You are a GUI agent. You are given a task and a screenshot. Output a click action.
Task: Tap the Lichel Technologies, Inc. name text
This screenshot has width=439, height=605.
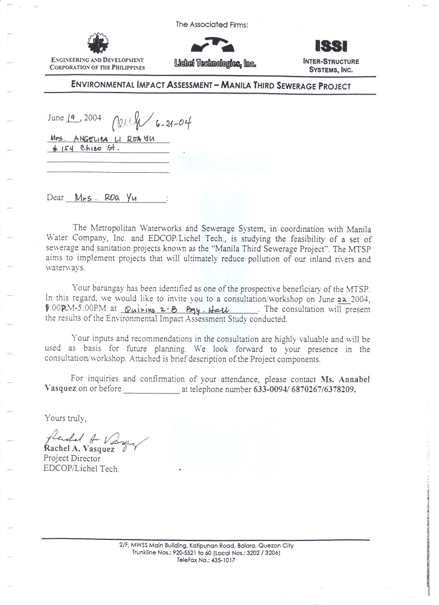[x=215, y=64]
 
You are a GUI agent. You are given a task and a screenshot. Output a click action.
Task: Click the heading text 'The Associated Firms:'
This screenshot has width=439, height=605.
[x=212, y=24]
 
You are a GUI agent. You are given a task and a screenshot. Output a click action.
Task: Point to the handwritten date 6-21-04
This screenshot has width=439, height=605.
[x=174, y=123]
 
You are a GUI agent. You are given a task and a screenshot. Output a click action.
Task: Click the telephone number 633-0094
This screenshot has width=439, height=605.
[x=269, y=389]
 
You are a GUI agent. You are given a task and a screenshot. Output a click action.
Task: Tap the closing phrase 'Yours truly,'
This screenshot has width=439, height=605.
[x=66, y=418]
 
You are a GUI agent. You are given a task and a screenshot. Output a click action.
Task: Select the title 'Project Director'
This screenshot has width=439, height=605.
[x=72, y=458]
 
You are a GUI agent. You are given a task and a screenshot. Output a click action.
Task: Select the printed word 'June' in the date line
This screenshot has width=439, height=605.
[x=56, y=118]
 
